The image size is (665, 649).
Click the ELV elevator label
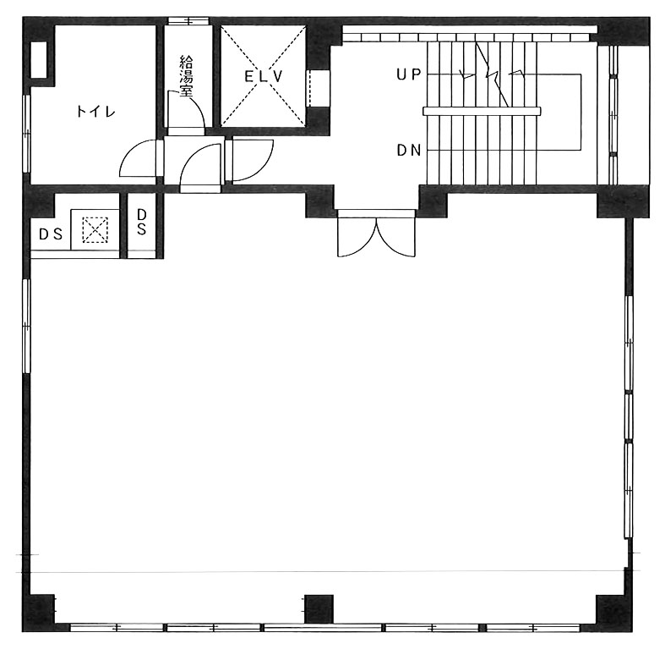coord(264,76)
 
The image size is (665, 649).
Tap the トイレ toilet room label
coord(95,112)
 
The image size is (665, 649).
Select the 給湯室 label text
coord(186,76)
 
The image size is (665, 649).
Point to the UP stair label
coord(408,74)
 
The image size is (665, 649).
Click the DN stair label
coord(409,150)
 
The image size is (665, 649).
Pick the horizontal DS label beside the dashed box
coord(51,234)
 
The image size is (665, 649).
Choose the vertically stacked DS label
coord(142,222)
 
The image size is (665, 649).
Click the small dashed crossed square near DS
coord(95,230)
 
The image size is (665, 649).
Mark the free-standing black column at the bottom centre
coord(319,608)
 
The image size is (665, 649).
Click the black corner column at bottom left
coord(38,613)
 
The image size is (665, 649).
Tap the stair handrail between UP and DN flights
coord(482,112)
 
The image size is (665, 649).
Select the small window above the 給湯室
coord(188,20)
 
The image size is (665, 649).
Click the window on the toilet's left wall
coord(26,134)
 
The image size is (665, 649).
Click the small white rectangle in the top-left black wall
coord(39,59)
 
